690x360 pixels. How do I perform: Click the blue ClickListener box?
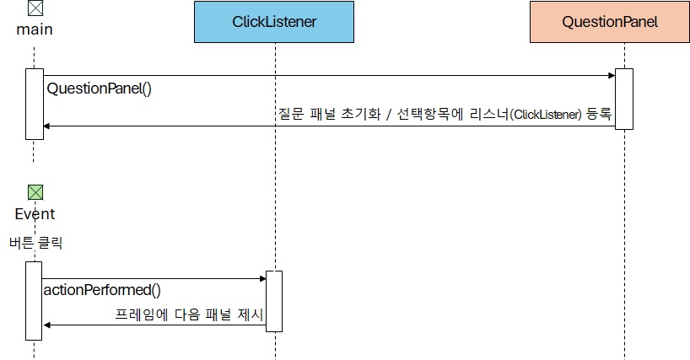[x=274, y=22]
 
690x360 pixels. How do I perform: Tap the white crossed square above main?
[x=35, y=9]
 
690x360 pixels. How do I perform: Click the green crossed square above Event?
[x=35, y=193]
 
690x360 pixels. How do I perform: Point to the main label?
[x=35, y=30]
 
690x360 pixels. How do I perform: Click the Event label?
[x=35, y=214]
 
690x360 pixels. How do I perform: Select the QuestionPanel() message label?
[x=99, y=89]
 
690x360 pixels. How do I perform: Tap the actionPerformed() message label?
[x=101, y=290]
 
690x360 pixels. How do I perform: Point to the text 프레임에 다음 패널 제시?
[x=189, y=314]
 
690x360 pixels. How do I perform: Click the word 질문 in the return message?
[x=289, y=114]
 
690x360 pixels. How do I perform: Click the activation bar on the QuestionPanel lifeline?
[x=623, y=99]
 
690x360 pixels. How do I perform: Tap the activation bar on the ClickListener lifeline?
[x=274, y=301]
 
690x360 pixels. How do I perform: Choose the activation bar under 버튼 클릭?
[x=34, y=300]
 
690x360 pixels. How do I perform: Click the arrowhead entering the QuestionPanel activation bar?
[x=612, y=76]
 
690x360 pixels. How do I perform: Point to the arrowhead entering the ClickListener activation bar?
[x=262, y=278]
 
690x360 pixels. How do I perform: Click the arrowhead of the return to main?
[x=46, y=126]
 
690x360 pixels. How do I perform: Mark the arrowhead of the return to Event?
[x=46, y=325]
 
